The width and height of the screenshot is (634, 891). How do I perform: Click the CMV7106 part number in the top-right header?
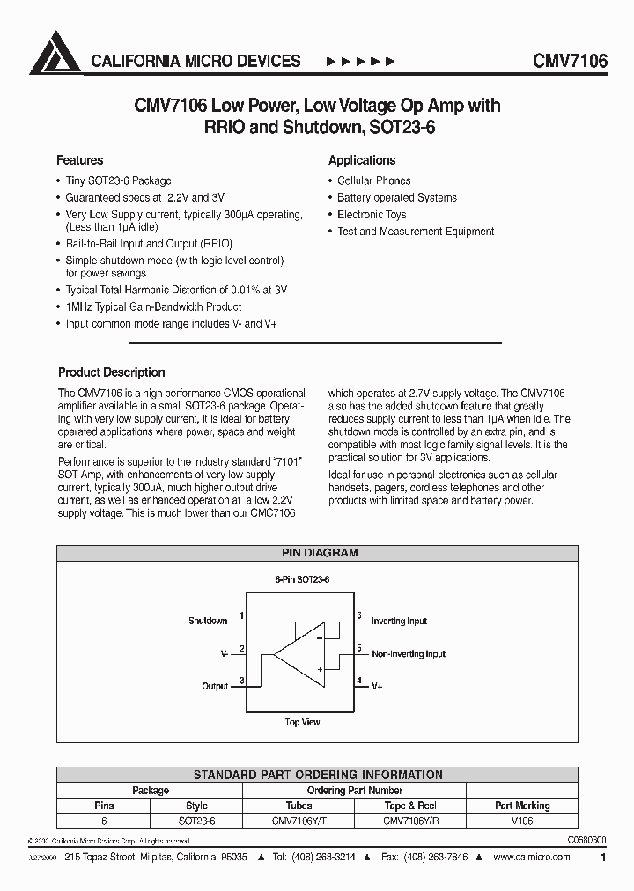[x=570, y=61]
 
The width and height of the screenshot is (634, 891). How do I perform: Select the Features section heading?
[x=79, y=160]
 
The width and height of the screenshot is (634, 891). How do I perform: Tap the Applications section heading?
[x=362, y=160]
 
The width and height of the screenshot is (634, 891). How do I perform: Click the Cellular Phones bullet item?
[x=373, y=180]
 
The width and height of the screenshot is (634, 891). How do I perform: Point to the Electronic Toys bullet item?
[x=372, y=215]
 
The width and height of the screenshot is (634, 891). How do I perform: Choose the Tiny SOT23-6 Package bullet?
[x=118, y=180]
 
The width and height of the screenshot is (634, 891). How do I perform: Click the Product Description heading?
[x=111, y=372]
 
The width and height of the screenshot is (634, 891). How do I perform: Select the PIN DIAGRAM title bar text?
[x=319, y=553]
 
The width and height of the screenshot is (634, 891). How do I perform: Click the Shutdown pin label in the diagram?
[x=208, y=621]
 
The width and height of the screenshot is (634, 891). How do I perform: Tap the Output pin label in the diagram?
[x=215, y=686]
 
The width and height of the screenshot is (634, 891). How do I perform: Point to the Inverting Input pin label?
[x=399, y=621]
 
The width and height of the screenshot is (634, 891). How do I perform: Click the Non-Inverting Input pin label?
[x=409, y=654]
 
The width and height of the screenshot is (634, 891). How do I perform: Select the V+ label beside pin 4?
[x=377, y=685]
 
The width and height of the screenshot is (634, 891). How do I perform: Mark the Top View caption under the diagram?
[x=302, y=722]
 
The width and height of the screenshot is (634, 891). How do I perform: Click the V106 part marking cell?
[x=522, y=820]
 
